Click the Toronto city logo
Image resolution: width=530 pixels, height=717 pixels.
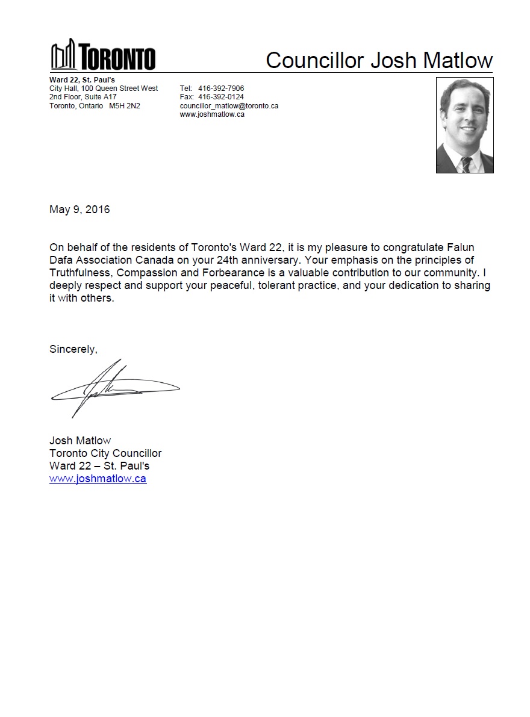point(102,55)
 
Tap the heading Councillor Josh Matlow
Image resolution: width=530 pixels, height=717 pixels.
point(379,60)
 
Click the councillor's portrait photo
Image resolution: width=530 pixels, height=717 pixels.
point(464,125)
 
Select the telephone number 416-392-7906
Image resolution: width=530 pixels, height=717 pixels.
point(221,88)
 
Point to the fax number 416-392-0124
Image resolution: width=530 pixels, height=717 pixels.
point(221,97)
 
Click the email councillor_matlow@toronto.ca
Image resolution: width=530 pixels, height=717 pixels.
point(229,105)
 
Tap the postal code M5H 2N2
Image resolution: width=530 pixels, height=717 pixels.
point(125,105)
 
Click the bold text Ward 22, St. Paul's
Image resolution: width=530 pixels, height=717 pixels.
point(82,79)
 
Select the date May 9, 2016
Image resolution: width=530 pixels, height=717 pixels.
point(79,210)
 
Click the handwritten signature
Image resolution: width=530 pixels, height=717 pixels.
point(114,388)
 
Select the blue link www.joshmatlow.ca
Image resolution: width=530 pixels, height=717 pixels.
point(98,479)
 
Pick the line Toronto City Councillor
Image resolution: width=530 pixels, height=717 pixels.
point(105,453)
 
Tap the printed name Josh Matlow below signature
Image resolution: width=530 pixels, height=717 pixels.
point(80,440)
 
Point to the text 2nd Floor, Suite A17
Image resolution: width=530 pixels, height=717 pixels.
point(83,97)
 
